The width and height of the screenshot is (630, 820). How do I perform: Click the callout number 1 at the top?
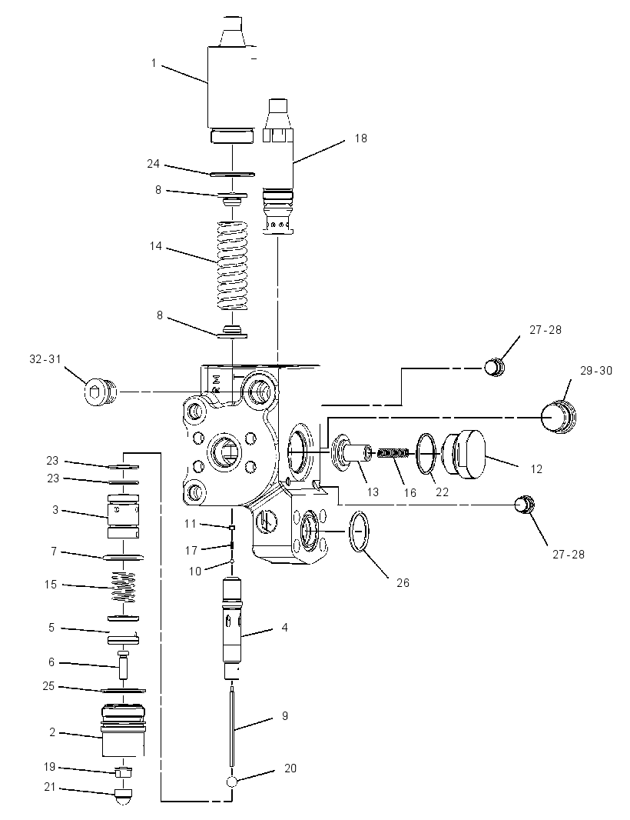(154, 63)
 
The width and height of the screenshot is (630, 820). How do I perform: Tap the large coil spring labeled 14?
(232, 265)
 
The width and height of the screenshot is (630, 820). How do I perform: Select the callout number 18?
(361, 138)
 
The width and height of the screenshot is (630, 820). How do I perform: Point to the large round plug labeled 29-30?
(557, 416)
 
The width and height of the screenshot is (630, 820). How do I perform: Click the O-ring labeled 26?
(360, 532)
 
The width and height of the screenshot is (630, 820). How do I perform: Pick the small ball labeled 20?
(232, 782)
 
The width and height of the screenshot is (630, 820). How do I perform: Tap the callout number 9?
(285, 715)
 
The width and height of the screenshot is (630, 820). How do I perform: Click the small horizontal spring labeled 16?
(393, 453)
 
